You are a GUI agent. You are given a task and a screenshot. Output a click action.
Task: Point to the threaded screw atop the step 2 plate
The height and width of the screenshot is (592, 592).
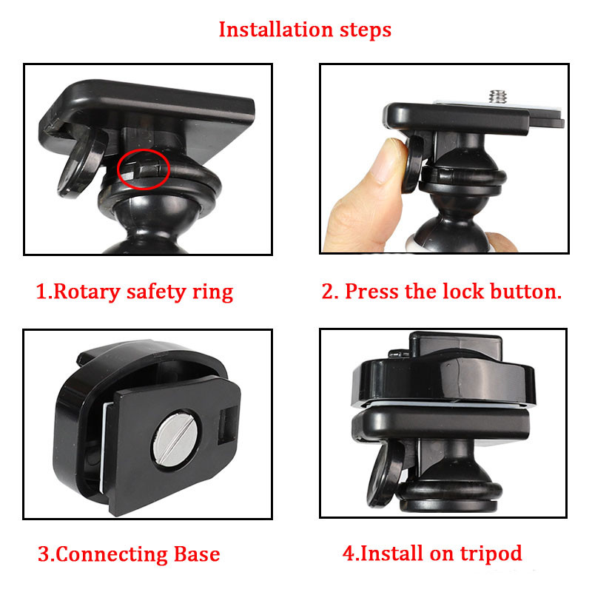tap(494, 95)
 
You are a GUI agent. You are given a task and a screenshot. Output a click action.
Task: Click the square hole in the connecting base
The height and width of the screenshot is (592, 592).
tap(229, 428)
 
